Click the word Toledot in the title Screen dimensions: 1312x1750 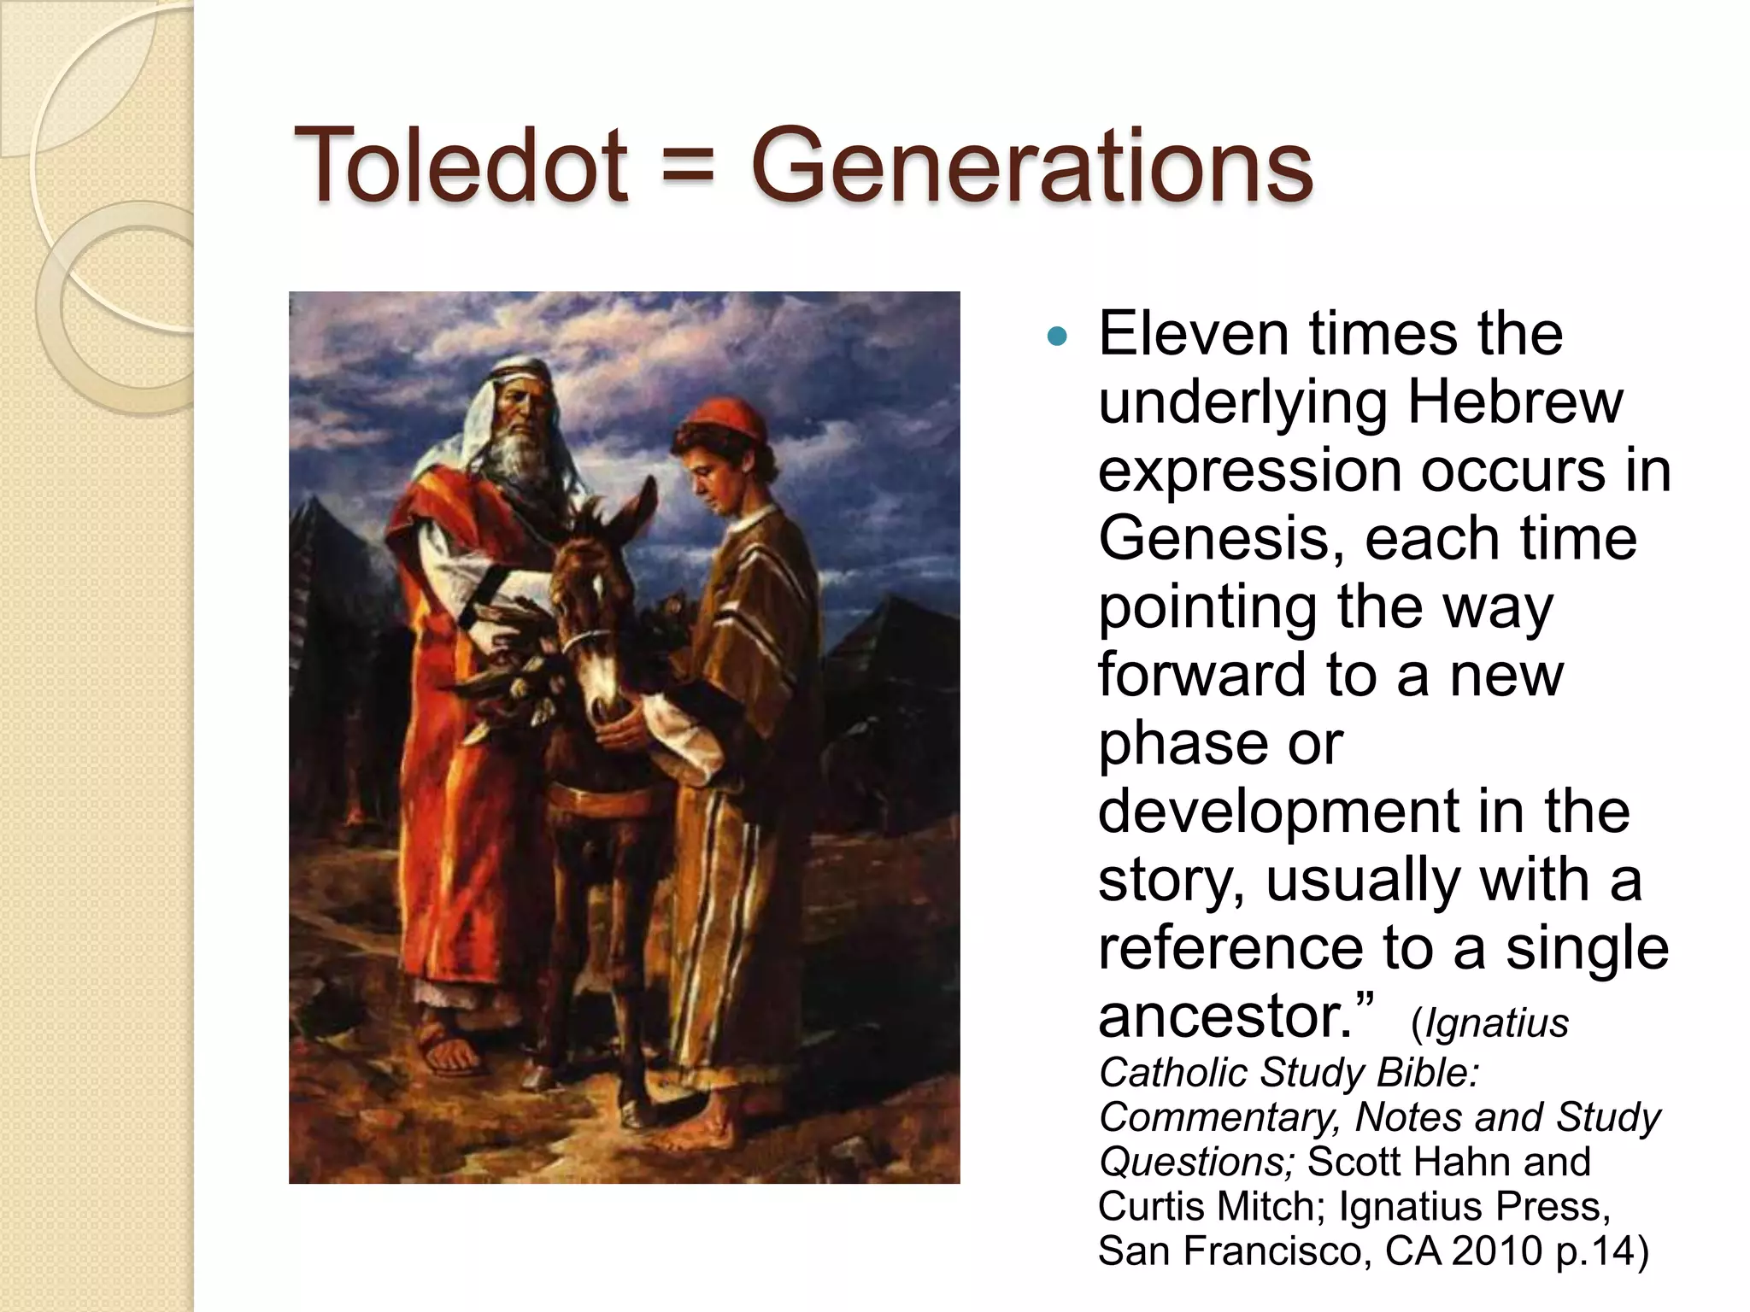pyautogui.click(x=460, y=164)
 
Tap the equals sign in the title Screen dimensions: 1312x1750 pyautogui.click(x=688, y=166)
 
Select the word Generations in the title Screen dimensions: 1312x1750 pyautogui.click(x=1031, y=164)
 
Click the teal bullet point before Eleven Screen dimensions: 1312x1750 pyautogui.click(x=1057, y=337)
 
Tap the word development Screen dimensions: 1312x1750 pyautogui.click(x=1278, y=811)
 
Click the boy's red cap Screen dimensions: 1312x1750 pyautogui.click(x=726, y=419)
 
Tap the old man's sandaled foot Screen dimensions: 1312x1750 pyautogui.click(x=450, y=1052)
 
